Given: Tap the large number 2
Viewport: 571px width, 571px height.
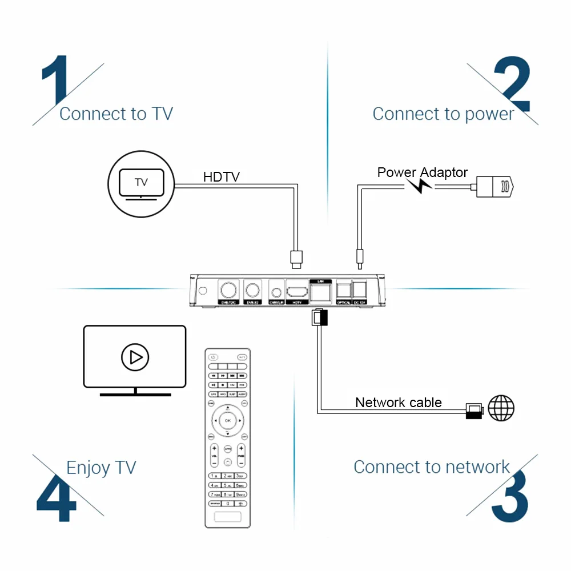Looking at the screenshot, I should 512,85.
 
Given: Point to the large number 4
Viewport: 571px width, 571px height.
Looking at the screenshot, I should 56,496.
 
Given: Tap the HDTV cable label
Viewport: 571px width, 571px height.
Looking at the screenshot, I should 222,177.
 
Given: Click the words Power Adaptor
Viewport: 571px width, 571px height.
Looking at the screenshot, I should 423,172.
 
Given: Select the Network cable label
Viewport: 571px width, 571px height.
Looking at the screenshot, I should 399,403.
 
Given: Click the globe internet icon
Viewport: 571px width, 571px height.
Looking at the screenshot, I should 501,408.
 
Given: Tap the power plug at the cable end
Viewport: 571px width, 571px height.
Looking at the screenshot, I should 495,186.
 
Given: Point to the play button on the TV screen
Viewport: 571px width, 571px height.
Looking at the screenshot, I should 135,357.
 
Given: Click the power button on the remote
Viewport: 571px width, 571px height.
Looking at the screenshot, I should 213,357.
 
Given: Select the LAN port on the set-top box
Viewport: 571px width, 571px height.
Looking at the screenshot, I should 320,292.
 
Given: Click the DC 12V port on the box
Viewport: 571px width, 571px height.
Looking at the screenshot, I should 359,288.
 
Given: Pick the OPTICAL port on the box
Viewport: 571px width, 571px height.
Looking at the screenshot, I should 343,288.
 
